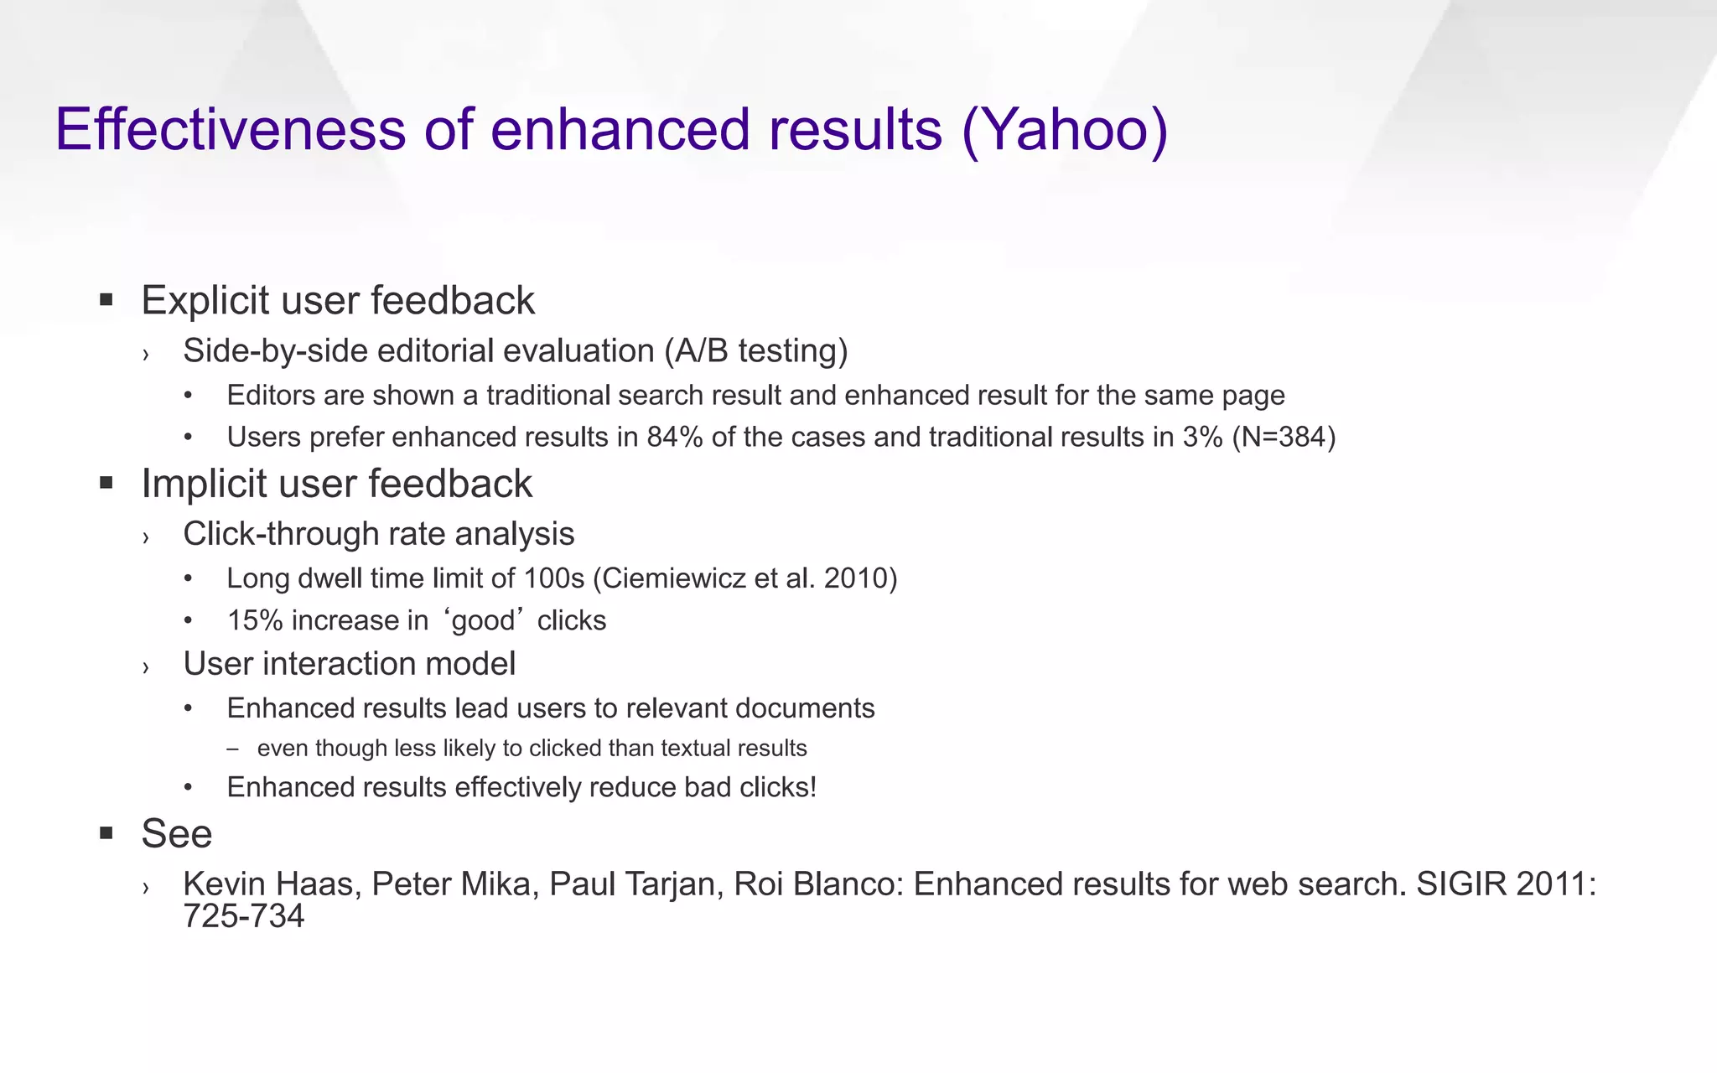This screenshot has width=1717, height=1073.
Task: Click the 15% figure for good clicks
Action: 255,620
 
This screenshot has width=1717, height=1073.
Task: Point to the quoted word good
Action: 483,621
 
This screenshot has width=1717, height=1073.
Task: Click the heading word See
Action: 176,834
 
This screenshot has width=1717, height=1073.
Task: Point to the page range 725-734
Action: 243,916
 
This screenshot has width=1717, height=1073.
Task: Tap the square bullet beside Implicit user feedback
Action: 106,483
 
